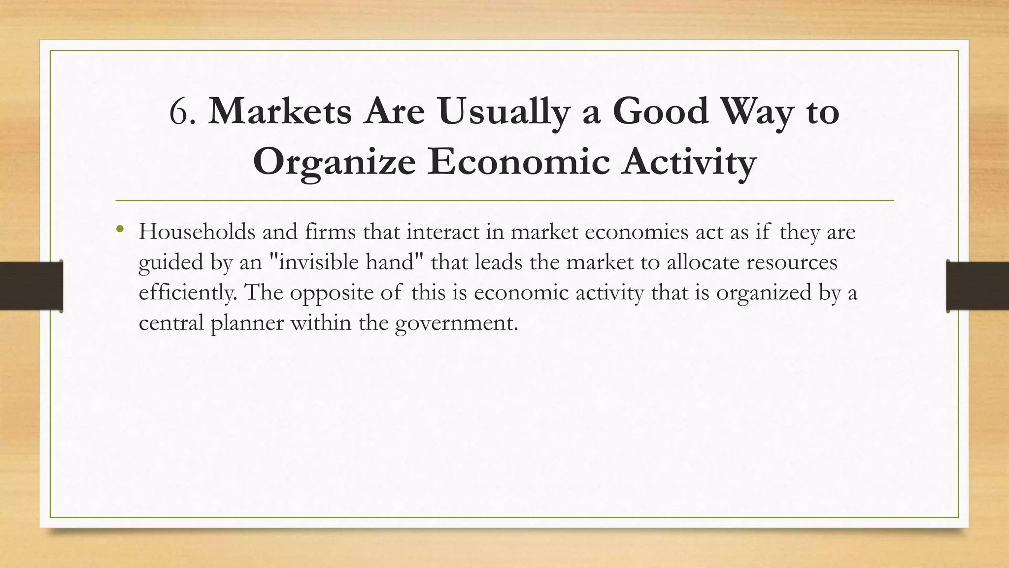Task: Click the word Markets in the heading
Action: pos(280,112)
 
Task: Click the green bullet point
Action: pos(120,229)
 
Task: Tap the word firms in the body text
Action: pos(330,232)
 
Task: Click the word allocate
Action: pos(703,262)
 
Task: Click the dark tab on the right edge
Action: pos(977,286)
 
